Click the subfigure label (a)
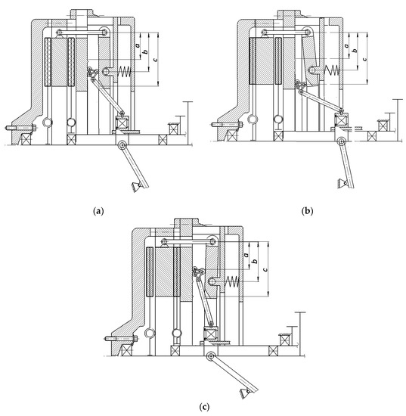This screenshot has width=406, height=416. [98, 211]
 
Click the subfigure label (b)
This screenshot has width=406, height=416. [308, 211]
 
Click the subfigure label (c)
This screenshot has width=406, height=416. [203, 407]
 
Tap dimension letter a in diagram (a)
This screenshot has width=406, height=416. [137, 45]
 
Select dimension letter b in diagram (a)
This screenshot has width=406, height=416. [146, 51]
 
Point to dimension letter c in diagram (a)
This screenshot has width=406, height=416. [155, 60]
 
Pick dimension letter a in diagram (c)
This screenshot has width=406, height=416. [246, 255]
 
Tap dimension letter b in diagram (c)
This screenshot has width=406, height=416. [255, 261]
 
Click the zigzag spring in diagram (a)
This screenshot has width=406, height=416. [124, 72]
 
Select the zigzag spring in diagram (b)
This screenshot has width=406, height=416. [332, 70]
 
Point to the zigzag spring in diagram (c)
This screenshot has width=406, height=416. [232, 282]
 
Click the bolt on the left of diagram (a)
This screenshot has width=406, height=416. [20, 128]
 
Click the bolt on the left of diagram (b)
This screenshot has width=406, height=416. [227, 124]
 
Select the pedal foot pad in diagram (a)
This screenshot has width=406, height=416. [136, 188]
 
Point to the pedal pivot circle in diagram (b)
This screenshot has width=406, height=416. [340, 141]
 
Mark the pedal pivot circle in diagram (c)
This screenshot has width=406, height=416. [211, 356]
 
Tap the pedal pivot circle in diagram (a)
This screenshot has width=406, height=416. [122, 145]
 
